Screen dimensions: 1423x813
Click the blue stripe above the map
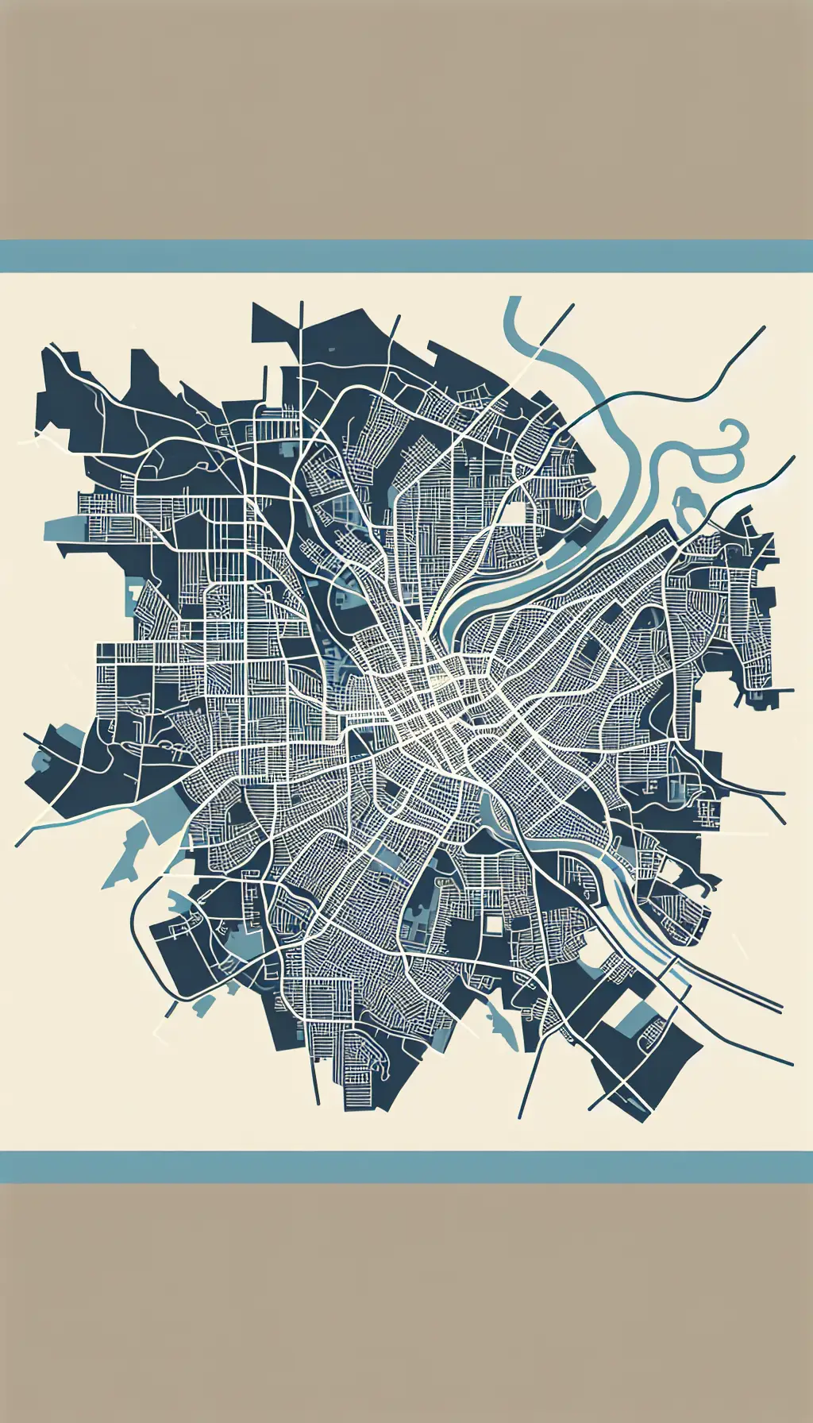406,256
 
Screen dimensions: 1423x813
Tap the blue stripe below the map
406,1167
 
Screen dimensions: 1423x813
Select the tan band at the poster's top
406,119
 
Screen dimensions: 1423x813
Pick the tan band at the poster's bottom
406,1302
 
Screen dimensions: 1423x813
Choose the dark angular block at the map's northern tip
274,326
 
